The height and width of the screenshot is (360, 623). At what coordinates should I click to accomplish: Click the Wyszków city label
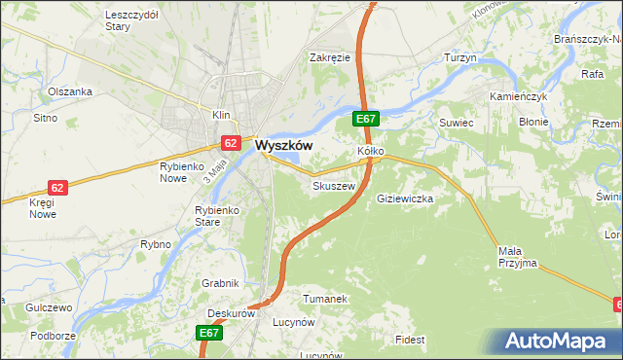(x=283, y=145)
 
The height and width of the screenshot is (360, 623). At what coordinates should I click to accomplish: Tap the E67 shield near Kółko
(x=365, y=119)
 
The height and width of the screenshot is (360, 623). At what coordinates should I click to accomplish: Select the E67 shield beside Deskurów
(x=209, y=333)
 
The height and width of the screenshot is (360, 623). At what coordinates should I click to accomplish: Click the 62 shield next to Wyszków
(x=230, y=142)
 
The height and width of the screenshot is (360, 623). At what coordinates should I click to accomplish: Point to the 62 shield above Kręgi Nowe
(x=57, y=187)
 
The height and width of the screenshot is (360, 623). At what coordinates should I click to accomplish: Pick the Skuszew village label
(x=331, y=185)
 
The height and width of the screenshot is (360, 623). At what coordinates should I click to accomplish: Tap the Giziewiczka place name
(x=404, y=198)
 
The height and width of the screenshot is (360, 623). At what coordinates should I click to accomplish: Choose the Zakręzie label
(x=329, y=57)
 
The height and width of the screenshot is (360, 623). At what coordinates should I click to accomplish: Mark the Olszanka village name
(x=70, y=91)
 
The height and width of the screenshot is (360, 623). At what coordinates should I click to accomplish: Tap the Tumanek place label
(x=324, y=299)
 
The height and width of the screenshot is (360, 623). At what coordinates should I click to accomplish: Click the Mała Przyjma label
(x=517, y=257)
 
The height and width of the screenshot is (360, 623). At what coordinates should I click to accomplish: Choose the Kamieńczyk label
(x=520, y=99)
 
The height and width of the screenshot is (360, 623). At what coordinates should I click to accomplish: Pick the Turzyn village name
(x=459, y=58)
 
